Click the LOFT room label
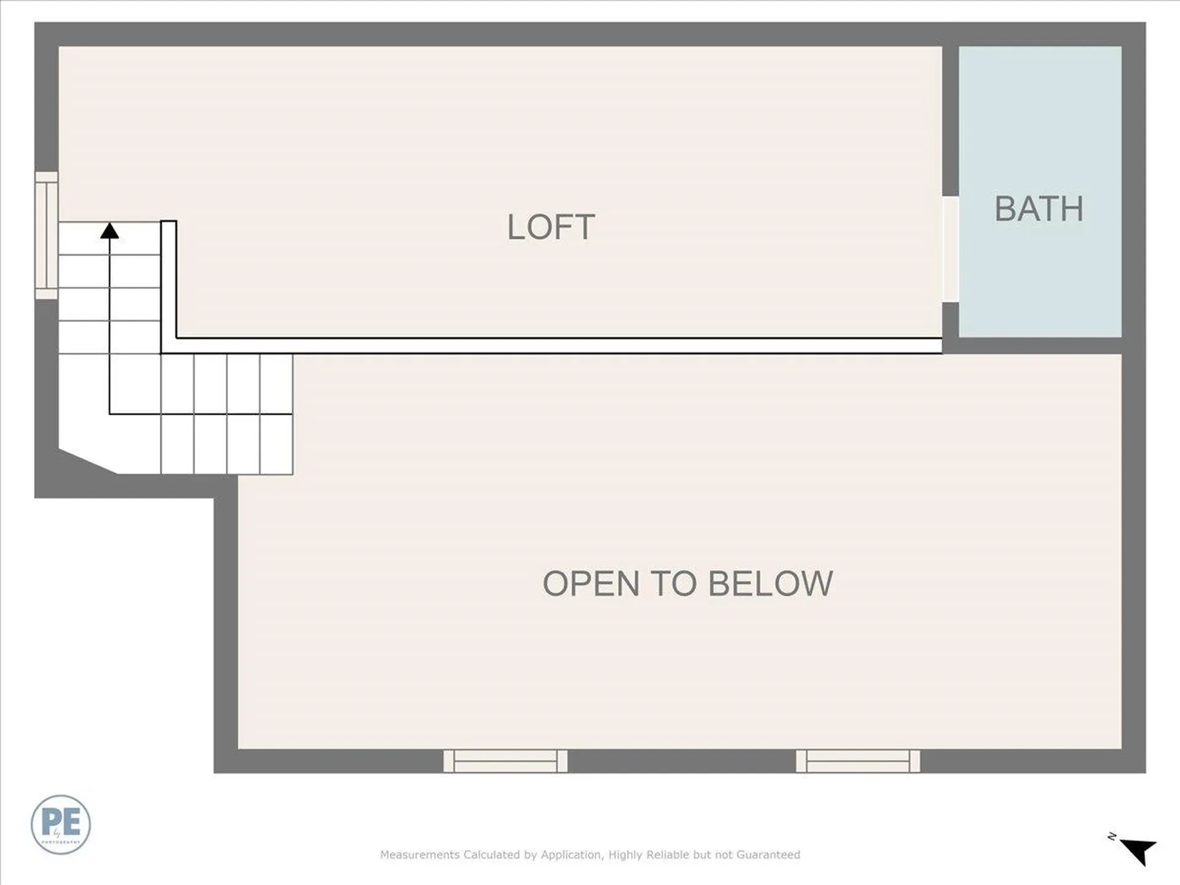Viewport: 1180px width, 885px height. click(x=551, y=227)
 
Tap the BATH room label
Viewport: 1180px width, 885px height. click(x=1039, y=209)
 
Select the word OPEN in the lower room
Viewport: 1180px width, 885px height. click(x=591, y=583)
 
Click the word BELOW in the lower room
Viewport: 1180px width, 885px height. click(x=771, y=583)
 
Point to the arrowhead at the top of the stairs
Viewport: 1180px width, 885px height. click(x=109, y=231)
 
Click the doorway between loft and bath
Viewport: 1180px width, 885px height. click(x=950, y=249)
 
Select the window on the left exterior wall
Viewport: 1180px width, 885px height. click(x=46, y=235)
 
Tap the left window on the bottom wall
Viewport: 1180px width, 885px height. click(x=505, y=761)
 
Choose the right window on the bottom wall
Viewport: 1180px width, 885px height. click(x=858, y=761)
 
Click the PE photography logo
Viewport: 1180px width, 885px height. click(x=61, y=824)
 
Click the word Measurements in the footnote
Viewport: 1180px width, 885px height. click(x=420, y=855)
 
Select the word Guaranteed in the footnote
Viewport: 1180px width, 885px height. click(x=768, y=855)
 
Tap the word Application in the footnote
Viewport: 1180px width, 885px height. click(x=572, y=855)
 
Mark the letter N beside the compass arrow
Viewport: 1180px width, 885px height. click(x=1112, y=836)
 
